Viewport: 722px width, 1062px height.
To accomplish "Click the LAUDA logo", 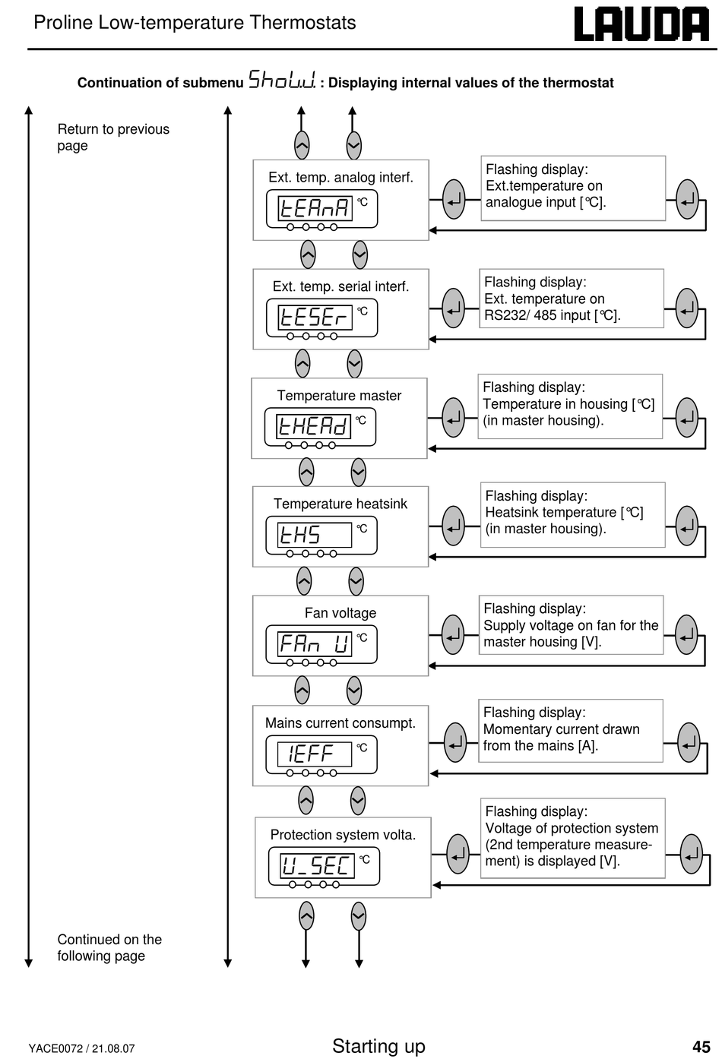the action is click(641, 24).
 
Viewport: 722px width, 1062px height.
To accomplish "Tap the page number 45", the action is click(701, 1046).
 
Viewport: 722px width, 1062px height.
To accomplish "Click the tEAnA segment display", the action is click(315, 208).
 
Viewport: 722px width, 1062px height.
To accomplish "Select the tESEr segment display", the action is click(315, 318).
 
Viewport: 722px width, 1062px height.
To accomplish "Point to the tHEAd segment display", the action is click(313, 426).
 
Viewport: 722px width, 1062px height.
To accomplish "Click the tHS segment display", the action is click(315, 535).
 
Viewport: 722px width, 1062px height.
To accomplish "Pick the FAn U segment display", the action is click(315, 644).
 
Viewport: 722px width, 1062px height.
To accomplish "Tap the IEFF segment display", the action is click(315, 754).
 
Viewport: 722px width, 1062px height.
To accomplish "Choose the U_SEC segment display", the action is click(318, 865).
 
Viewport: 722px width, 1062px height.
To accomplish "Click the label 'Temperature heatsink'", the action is click(340, 504).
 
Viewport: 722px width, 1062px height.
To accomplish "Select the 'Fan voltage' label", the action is click(340, 613).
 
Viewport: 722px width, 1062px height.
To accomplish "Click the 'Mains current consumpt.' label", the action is click(340, 723).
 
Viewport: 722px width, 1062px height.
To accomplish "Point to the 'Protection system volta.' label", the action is click(343, 834).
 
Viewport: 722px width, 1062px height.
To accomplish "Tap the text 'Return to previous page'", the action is click(113, 137).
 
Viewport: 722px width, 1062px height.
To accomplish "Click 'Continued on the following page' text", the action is click(109, 947).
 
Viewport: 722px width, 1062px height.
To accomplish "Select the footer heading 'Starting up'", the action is click(378, 1046).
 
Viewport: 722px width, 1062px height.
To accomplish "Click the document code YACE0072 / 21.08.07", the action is click(81, 1048).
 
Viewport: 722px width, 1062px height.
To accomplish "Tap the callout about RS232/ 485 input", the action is click(572, 299).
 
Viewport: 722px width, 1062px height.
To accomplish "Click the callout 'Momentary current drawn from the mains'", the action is click(570, 731).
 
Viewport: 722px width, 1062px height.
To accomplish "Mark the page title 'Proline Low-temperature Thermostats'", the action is click(195, 23).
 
